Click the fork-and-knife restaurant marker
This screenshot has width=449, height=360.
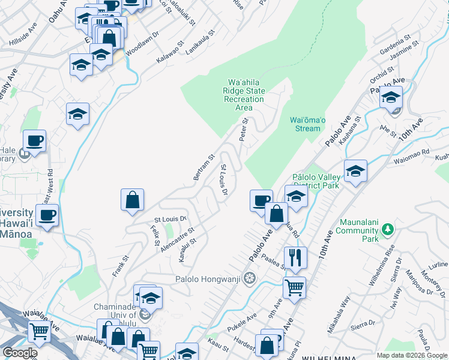[x=295, y=258]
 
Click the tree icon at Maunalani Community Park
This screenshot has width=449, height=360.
[x=388, y=228]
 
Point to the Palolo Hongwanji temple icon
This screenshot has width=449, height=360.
[x=250, y=278]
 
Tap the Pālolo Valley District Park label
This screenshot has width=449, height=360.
[x=316, y=181]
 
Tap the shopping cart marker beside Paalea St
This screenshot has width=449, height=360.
[x=294, y=287]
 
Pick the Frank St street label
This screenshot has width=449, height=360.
[x=121, y=263]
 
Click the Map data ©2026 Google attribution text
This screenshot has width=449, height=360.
[x=411, y=355]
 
